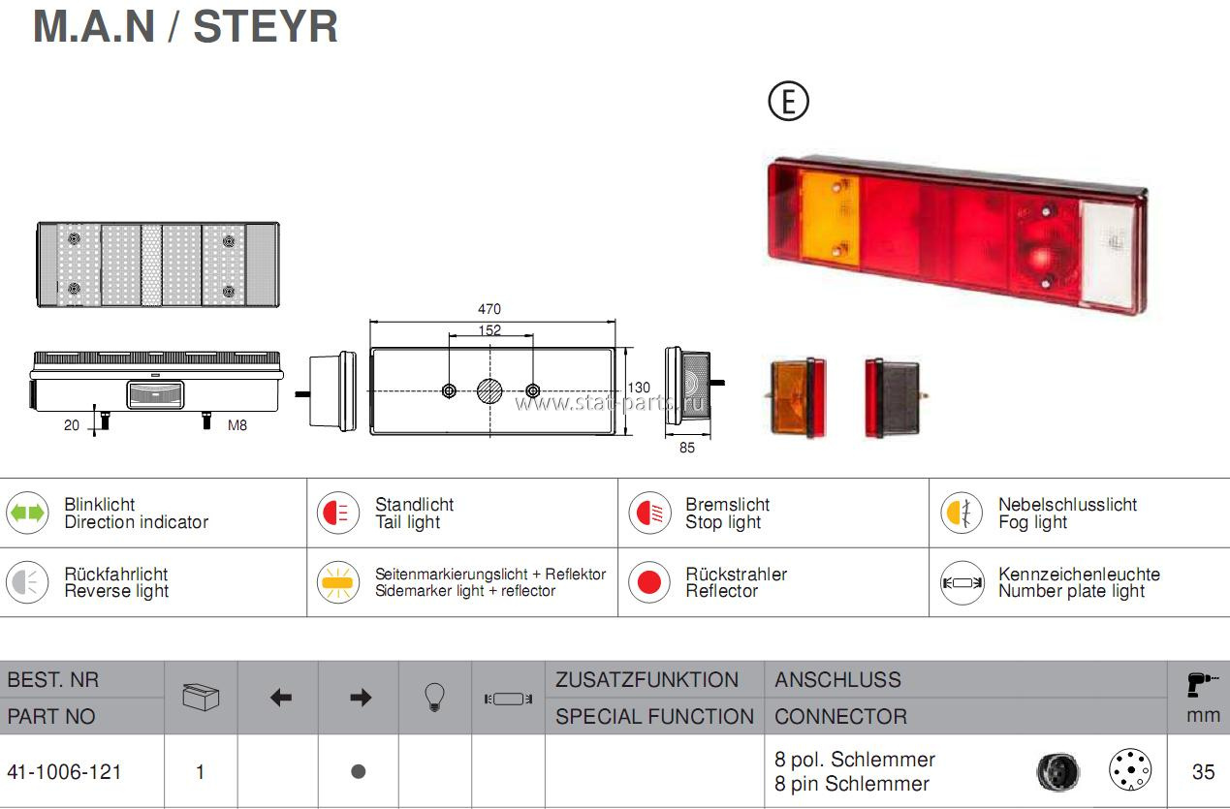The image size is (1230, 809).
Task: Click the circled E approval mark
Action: point(789,101)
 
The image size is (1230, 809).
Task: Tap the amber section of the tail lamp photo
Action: point(831,218)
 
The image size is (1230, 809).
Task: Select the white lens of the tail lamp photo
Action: point(1108,255)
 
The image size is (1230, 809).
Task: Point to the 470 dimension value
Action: point(489,309)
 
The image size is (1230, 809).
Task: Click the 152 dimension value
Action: point(489,329)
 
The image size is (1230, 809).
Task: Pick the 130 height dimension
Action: point(639,388)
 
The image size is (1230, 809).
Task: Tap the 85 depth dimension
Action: point(687,448)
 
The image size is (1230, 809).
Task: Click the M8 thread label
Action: point(237,425)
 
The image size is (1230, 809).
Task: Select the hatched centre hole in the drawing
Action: point(489,390)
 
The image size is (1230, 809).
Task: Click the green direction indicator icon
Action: point(27,513)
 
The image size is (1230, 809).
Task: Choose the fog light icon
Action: point(962,513)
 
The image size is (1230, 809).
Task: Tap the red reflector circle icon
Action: point(649,582)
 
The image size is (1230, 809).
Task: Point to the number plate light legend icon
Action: point(962,583)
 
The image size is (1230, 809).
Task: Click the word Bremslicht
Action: point(728,505)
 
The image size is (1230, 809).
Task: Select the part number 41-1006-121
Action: point(64,772)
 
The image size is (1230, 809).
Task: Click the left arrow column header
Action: point(281,699)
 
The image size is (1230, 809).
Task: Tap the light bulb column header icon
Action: point(434,698)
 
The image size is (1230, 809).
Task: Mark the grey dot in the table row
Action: point(358,771)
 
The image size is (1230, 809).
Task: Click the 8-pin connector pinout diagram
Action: point(1130,769)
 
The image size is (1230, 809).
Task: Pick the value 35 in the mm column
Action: point(1203,772)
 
